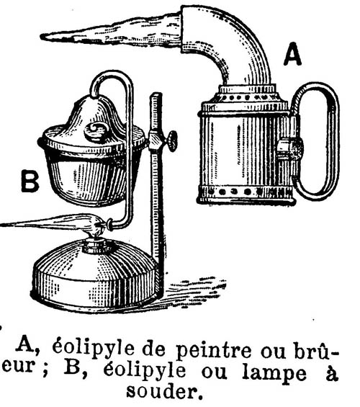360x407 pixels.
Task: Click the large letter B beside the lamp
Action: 30,181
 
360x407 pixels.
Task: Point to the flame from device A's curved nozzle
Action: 112,31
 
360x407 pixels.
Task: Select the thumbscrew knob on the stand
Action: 171,140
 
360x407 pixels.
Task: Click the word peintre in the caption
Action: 213,350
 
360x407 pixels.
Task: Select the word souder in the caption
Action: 164,391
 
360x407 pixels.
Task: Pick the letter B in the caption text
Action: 72,368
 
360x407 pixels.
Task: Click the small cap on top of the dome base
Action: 96,246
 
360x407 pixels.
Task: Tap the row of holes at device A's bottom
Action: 246,192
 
